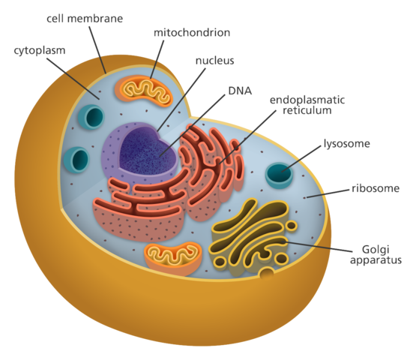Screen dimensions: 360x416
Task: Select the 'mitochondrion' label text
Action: (192, 33)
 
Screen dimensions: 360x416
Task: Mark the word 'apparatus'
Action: (376, 260)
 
